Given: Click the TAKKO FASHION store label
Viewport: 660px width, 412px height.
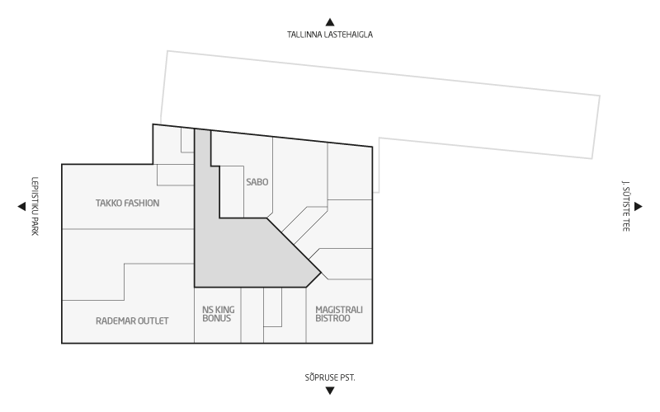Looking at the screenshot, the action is click(x=128, y=203).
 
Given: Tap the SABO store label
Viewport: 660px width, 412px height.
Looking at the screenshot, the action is click(x=257, y=182).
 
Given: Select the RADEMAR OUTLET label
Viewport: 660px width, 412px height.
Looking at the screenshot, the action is click(x=132, y=321).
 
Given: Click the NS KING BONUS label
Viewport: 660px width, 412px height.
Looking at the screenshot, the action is click(x=219, y=314).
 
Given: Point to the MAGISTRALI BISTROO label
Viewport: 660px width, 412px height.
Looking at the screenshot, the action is click(x=339, y=314).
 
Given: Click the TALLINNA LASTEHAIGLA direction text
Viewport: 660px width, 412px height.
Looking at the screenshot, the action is click(x=330, y=35).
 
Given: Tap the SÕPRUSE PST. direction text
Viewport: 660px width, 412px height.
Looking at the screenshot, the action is click(x=330, y=377).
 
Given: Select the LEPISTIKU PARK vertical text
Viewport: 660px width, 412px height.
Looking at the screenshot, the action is click(x=35, y=206).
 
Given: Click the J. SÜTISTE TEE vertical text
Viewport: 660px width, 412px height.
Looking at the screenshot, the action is click(x=626, y=206).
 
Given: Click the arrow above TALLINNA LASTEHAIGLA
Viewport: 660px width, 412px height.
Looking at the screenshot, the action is click(x=330, y=22).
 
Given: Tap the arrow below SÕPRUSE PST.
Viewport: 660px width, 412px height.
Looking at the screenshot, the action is click(x=330, y=391).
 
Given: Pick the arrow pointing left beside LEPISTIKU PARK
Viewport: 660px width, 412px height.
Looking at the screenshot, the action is click(x=21, y=207).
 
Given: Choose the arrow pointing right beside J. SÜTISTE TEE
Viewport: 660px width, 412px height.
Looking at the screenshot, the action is click(x=638, y=207).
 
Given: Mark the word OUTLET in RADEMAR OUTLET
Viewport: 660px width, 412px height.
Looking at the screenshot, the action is click(x=152, y=321).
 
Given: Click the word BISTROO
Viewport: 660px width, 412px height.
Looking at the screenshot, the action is click(x=332, y=318).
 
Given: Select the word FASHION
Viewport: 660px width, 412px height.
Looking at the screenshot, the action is click(x=143, y=203).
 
